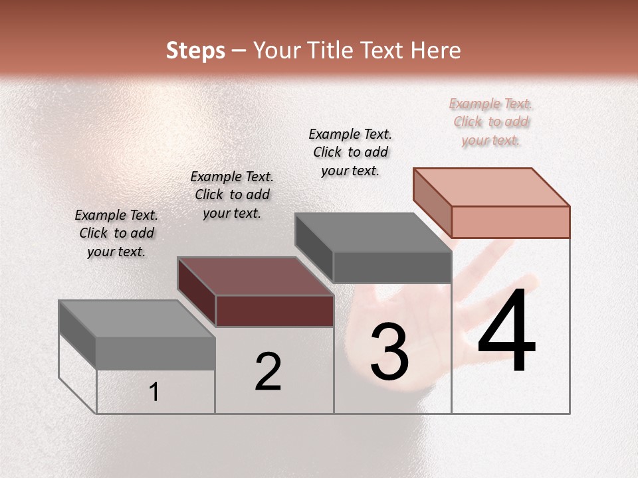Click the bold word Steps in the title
pyautogui.click(x=195, y=50)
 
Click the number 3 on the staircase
pyautogui.click(x=389, y=352)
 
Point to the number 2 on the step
pyautogui.click(x=268, y=372)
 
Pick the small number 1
pyautogui.click(x=154, y=392)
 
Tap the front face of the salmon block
pyautogui.click(x=510, y=222)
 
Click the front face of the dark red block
pyautogui.click(x=274, y=311)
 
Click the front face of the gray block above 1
pyautogui.click(x=156, y=353)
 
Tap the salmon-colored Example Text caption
pyautogui.click(x=491, y=121)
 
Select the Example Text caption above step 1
pyautogui.click(x=117, y=233)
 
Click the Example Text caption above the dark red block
pyautogui.click(x=232, y=195)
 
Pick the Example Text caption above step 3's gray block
pyautogui.click(x=350, y=152)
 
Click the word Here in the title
pyautogui.click(x=435, y=50)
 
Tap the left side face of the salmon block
pyautogui.click(x=432, y=202)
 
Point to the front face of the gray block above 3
pyautogui.click(x=392, y=268)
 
